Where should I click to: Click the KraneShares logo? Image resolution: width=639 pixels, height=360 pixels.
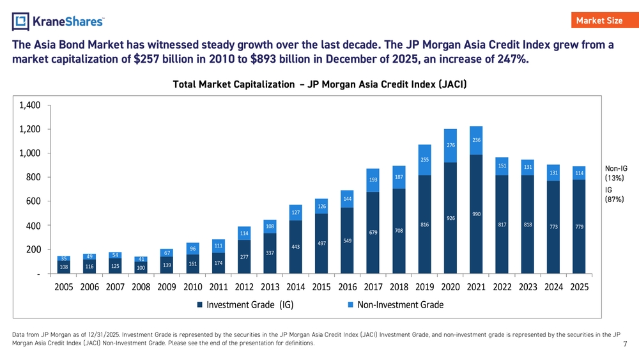58,22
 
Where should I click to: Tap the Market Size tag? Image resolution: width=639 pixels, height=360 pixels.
599,20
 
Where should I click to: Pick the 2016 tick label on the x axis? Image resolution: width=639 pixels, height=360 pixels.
347,287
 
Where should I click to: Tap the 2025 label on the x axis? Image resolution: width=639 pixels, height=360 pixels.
579,287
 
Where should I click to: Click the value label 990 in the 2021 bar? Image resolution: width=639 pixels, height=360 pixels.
476,214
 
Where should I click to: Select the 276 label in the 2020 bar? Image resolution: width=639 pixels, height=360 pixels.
450,146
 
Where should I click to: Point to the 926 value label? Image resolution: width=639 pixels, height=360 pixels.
450,218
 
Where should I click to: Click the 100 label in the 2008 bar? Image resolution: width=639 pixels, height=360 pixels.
141,267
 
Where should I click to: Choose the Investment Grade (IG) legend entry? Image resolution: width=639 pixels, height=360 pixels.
245,304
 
